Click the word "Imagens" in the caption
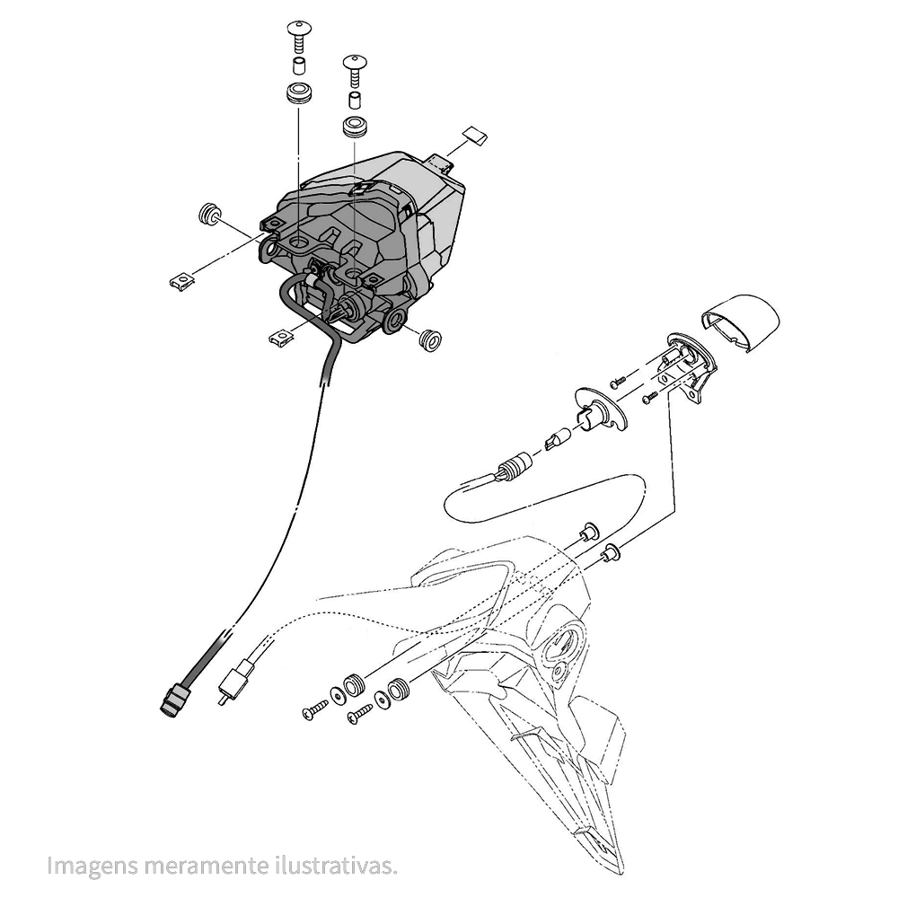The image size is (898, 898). click(x=93, y=865)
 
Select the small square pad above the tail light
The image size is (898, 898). click(x=475, y=136)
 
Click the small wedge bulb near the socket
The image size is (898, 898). click(x=558, y=440)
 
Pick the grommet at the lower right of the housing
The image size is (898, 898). click(x=429, y=339)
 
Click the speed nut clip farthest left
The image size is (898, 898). click(x=182, y=280)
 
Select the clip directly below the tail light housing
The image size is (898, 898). click(x=280, y=338)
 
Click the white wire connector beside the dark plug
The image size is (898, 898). click(x=236, y=678)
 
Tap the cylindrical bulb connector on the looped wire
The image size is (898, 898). click(x=514, y=464)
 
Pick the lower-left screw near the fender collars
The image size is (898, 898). click(x=315, y=709)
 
